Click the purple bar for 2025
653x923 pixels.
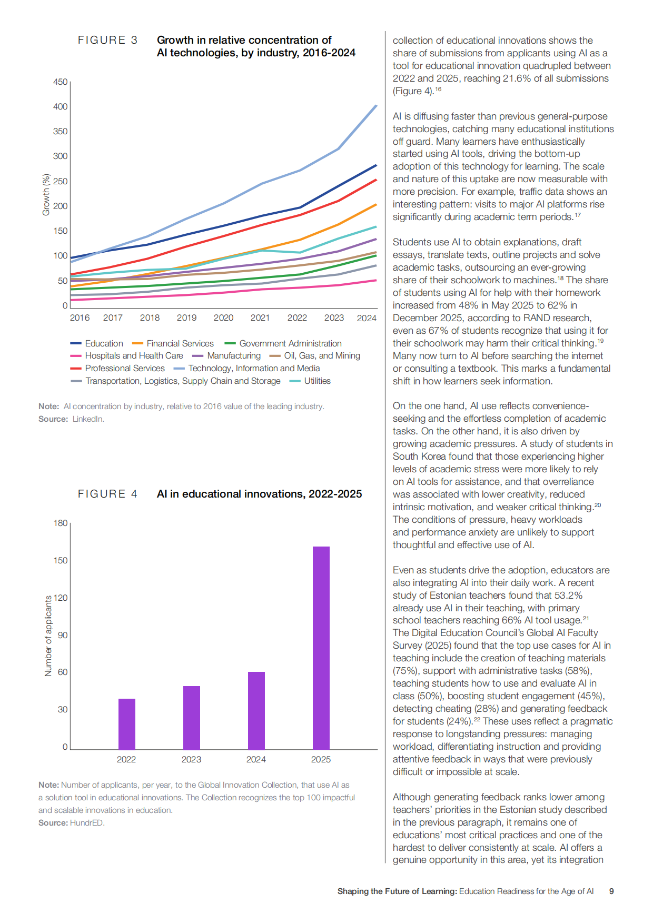[x=321, y=648]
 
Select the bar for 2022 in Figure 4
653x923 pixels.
[x=127, y=724]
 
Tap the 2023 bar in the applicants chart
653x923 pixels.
[x=192, y=718]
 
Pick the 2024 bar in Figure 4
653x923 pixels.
[x=256, y=710]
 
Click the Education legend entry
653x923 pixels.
[x=97, y=343]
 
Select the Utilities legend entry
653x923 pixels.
[x=310, y=381]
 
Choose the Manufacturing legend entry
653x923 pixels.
[x=226, y=355]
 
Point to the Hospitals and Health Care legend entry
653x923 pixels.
[x=127, y=355]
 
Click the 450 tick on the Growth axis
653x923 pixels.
[x=61, y=82]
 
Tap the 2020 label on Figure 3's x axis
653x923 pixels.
[x=223, y=317]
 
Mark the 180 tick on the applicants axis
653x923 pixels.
[x=61, y=523]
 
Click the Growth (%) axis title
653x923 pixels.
[x=46, y=195]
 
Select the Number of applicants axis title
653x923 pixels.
[x=48, y=636]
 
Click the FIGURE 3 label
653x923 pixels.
[x=108, y=40]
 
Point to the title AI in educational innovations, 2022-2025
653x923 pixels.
[x=259, y=494]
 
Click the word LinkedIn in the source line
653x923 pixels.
[x=88, y=419]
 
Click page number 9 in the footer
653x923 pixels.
[x=611, y=891]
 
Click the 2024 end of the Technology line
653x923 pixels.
[x=377, y=105]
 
